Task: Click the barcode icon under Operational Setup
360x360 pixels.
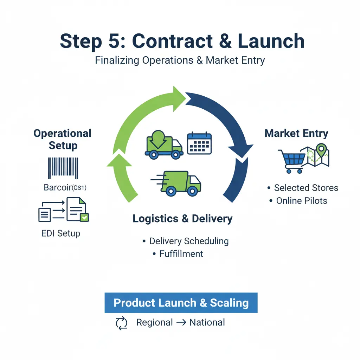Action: coord(63,168)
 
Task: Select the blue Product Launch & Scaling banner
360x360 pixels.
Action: coord(181,303)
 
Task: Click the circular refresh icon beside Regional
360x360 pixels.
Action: coord(122,323)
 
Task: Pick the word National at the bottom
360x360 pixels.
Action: coord(207,322)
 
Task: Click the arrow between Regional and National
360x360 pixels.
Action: coord(181,323)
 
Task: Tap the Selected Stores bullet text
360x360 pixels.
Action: coord(306,188)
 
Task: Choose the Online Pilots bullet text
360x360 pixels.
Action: coord(302,201)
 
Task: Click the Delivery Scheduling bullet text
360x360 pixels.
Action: coord(189,241)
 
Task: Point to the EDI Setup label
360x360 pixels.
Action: coord(61,233)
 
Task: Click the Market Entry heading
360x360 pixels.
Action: coord(296,134)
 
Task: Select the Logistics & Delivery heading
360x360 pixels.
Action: coord(182,219)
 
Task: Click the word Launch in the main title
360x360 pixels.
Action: coord(271,41)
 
